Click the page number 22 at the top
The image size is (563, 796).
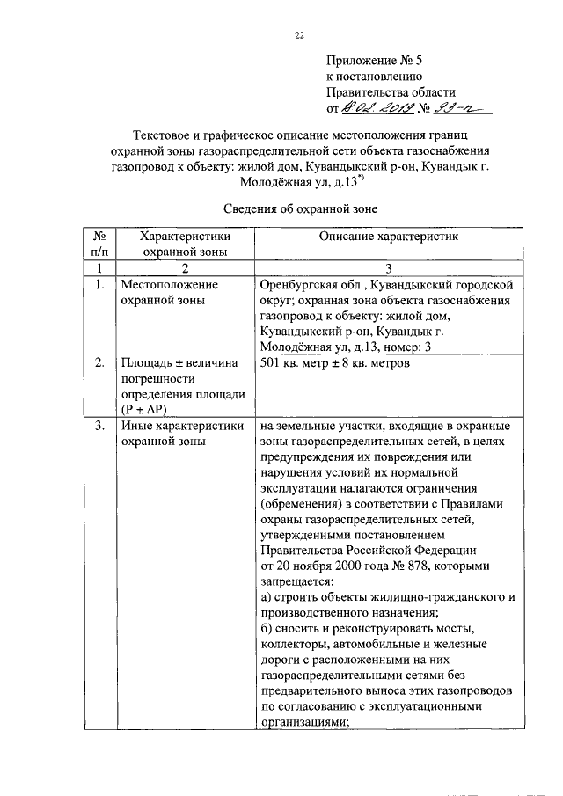tap(298, 36)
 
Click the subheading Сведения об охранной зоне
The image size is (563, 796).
tap(298, 209)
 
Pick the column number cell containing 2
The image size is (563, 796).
tap(185, 267)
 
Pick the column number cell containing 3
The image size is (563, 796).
tap(388, 267)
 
